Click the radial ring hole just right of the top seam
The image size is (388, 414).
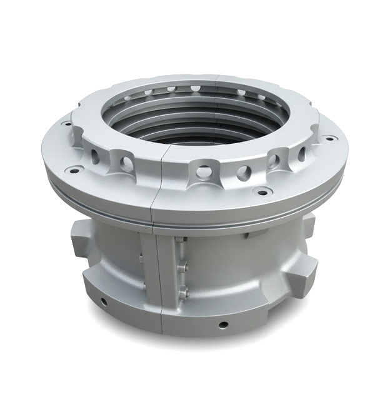(x=201, y=169)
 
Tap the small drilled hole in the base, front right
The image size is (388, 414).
(x=222, y=325)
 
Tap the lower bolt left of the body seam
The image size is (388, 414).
(x=144, y=286)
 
